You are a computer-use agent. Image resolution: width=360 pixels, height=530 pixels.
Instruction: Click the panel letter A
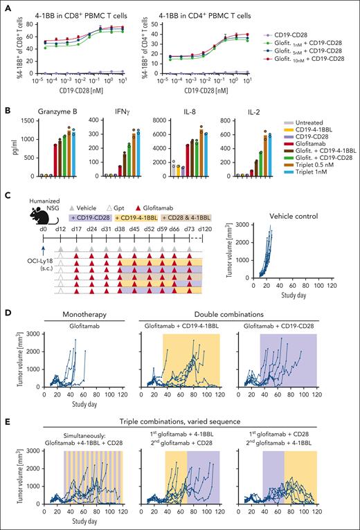click(6, 6)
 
